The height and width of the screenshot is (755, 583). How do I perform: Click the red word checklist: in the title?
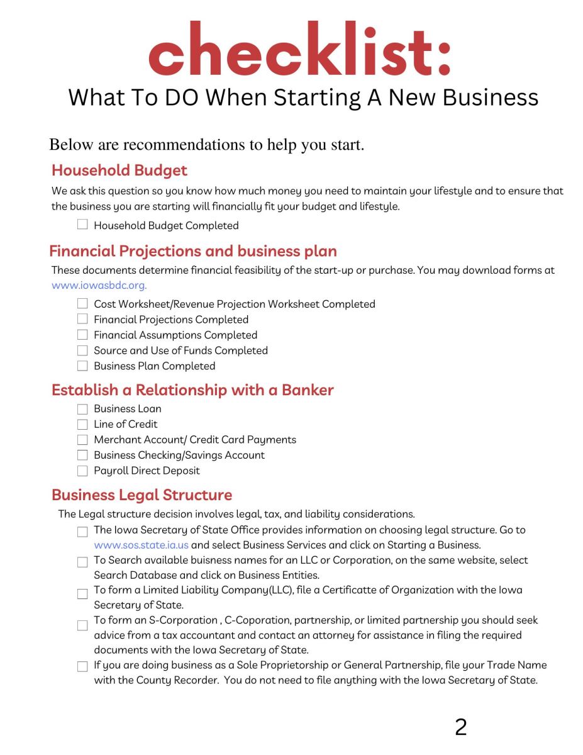pos(299,48)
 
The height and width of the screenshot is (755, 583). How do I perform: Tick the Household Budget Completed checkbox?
pos(82,225)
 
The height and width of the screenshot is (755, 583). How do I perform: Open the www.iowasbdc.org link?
pos(99,285)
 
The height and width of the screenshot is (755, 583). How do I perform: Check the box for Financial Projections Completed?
pos(82,319)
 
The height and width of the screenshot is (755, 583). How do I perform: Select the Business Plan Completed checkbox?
pos(82,366)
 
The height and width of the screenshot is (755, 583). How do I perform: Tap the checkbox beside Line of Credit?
pos(82,424)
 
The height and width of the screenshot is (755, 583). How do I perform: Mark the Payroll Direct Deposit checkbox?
pos(82,471)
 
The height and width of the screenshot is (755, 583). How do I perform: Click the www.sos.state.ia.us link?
pos(141,545)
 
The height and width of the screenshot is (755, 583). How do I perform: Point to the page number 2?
pos(460,727)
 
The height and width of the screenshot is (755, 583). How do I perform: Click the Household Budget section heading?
pos(119,171)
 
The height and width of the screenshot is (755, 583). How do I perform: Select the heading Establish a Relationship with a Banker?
pos(192,390)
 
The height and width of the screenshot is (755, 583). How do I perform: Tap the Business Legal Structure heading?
pos(142,495)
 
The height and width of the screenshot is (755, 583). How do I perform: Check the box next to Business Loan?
pos(82,409)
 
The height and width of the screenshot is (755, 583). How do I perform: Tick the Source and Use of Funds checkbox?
pos(82,350)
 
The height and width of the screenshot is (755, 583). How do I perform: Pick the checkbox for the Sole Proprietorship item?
pos(82,667)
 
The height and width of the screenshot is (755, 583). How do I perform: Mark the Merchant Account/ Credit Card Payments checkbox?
pos(82,440)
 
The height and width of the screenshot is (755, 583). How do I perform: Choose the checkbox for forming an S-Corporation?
pos(82,625)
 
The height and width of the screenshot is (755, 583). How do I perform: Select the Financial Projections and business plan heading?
pos(193,251)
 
